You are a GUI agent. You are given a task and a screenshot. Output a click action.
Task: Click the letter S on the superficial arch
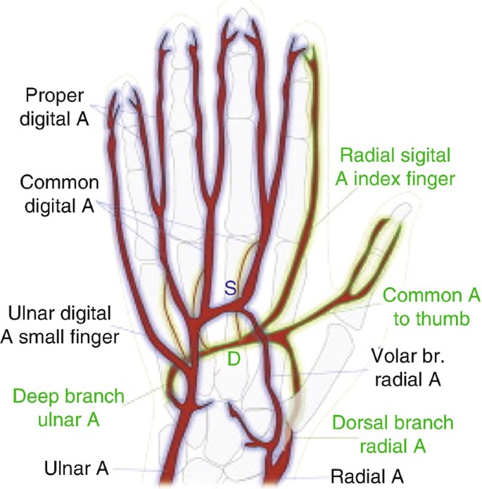[229, 286]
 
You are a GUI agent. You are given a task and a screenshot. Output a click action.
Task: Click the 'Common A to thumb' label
[426, 307]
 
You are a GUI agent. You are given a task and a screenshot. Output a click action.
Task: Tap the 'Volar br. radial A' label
[407, 369]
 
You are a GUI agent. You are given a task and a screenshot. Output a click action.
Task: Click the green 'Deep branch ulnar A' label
[68, 409]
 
